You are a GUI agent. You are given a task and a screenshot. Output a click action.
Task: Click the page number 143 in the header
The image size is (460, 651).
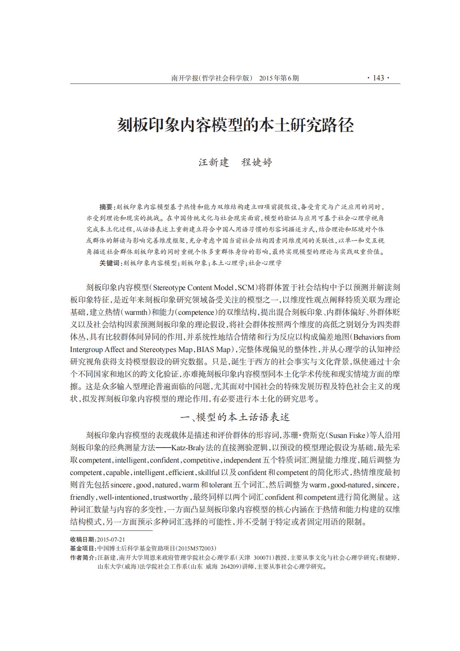(378, 78)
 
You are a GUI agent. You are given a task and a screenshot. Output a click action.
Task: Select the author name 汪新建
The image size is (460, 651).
(214, 162)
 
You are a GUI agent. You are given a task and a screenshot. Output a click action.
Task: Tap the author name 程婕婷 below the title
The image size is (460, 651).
(257, 162)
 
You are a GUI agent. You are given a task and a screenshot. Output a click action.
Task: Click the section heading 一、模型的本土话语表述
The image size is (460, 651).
(235, 417)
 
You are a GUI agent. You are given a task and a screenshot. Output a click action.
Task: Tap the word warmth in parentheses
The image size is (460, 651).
(135, 313)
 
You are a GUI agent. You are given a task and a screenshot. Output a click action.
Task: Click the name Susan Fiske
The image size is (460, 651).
(347, 436)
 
